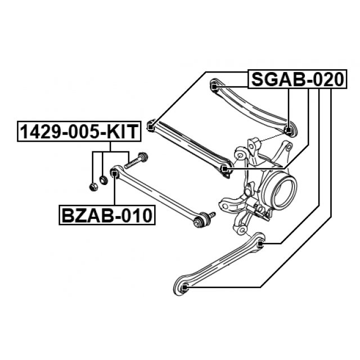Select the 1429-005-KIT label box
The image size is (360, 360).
(77, 132)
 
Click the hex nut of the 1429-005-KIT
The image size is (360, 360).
(92, 184)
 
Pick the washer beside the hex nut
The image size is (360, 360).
(103, 180)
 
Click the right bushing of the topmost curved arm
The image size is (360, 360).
(289, 130)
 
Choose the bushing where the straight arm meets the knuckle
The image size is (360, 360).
(225, 169)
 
